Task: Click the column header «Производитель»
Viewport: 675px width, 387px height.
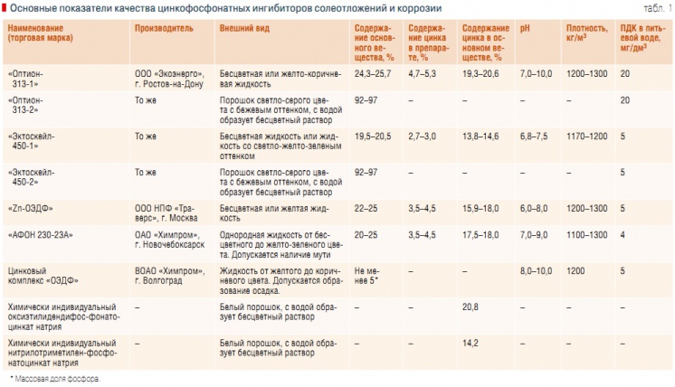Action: [x=165, y=29]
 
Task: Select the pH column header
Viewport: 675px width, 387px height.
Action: [x=527, y=29]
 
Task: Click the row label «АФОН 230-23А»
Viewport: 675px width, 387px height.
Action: [x=40, y=234]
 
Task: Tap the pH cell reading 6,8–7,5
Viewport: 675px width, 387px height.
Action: [x=536, y=136]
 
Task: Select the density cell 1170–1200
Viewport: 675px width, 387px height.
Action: [x=586, y=136]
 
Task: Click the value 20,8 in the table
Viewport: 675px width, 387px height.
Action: [x=471, y=307]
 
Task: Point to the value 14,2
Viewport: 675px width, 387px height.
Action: [x=471, y=344]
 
